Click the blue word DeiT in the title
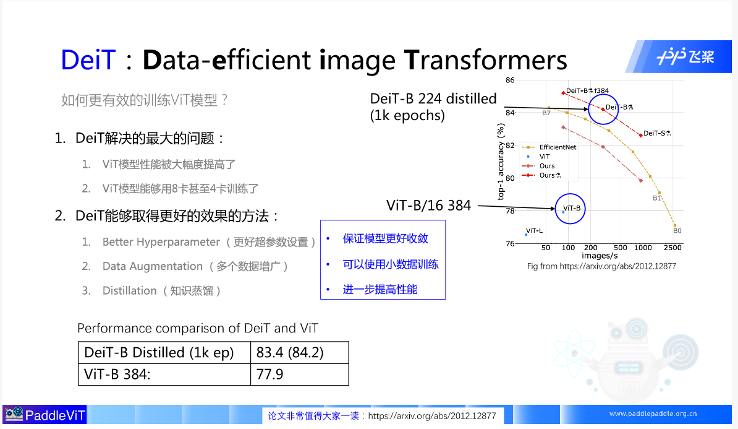point(88,60)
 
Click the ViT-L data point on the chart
point(526,235)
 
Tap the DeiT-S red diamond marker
point(641,135)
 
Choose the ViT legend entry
point(544,157)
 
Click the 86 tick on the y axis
point(510,80)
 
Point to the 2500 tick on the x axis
point(672,248)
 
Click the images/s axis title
point(600,255)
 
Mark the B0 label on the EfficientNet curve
point(677,231)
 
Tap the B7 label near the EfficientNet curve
point(546,113)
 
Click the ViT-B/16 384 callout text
point(428,206)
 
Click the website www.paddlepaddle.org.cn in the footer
point(653,414)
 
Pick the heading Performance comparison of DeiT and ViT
point(198,328)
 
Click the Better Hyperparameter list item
point(161,242)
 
